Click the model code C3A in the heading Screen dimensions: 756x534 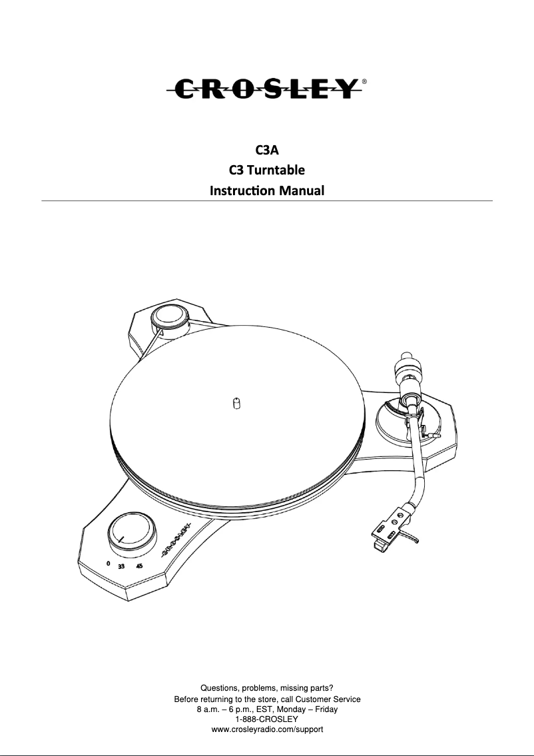[266, 150]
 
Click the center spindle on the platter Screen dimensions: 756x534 [236, 404]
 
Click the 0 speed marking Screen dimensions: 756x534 [108, 563]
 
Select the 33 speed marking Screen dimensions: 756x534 [122, 567]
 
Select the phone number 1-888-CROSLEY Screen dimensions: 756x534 [267, 719]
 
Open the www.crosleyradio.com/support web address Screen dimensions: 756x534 [267, 729]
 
